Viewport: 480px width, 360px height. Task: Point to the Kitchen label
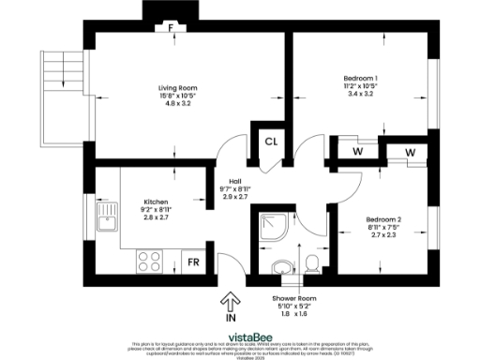point(157,200)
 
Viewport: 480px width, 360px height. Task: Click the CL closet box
point(270,143)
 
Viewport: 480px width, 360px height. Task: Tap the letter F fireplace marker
point(170,28)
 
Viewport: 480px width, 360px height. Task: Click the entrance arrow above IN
point(228,301)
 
